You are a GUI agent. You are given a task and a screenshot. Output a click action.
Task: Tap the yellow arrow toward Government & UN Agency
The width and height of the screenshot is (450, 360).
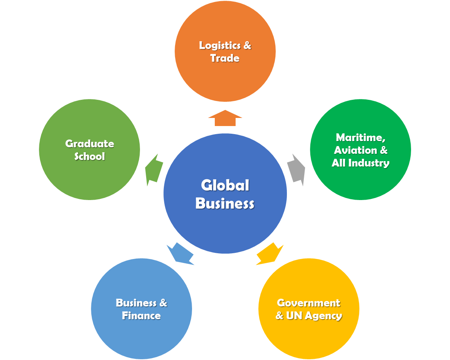270,254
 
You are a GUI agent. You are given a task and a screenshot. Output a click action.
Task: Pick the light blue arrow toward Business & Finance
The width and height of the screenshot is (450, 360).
180,254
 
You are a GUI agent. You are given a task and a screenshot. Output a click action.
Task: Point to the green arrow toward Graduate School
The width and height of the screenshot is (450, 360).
154,170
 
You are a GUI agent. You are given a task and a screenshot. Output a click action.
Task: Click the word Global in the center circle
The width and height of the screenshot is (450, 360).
225,185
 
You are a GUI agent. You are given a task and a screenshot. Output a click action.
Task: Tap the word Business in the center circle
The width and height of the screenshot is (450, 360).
225,204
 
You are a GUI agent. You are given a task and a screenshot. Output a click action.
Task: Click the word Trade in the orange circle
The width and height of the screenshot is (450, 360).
225,58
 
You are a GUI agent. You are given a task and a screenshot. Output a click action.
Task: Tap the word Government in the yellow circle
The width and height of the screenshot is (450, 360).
308,303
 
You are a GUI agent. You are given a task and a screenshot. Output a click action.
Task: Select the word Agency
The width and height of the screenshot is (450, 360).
324,316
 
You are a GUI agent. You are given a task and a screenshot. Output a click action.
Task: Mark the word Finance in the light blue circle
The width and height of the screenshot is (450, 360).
141,316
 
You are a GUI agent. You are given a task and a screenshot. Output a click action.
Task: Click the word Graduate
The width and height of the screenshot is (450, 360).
89,144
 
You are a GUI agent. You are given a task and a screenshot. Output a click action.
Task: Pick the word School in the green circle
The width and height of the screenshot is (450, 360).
89,156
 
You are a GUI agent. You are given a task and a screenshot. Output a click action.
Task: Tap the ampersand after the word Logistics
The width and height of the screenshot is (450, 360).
247,45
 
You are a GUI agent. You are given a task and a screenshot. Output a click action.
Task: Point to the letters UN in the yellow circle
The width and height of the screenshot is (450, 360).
294,316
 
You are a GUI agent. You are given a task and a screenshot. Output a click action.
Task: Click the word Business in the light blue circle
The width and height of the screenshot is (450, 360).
136,303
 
